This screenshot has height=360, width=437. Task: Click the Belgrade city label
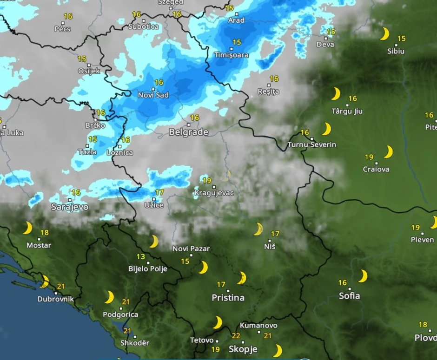pyautogui.click(x=188, y=132)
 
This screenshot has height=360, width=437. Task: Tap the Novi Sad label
pyautogui.click(x=153, y=95)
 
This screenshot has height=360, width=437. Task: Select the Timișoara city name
pyautogui.click(x=231, y=55)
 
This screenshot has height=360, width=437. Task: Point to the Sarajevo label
pyautogui.click(x=70, y=207)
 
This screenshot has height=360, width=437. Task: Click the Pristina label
pyautogui.click(x=228, y=298)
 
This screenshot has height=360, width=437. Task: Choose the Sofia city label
pyautogui.click(x=349, y=295)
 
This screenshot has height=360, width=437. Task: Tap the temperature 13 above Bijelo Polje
pyautogui.click(x=141, y=256)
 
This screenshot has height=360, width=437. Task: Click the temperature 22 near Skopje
pyautogui.click(x=236, y=336)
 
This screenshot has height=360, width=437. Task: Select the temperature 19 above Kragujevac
pyautogui.click(x=207, y=180)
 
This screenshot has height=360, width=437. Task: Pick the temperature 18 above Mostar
pyautogui.click(x=45, y=233)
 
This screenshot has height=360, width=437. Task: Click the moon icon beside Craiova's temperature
pyautogui.click(x=388, y=152)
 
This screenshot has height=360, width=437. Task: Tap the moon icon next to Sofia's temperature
pyautogui.click(x=363, y=276)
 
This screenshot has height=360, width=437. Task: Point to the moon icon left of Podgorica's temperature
pyautogui.click(x=109, y=297)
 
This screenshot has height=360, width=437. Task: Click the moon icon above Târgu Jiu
pyautogui.click(x=336, y=94)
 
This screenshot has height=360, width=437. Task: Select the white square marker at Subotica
pyautogui.click(x=143, y=21)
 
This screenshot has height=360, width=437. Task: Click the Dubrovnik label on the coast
pyautogui.click(x=55, y=299)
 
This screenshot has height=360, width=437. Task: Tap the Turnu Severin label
pyautogui.click(x=311, y=145)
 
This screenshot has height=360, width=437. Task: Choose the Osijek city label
pyautogui.click(x=89, y=71)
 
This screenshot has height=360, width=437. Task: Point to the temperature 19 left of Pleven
pyautogui.click(x=416, y=228)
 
